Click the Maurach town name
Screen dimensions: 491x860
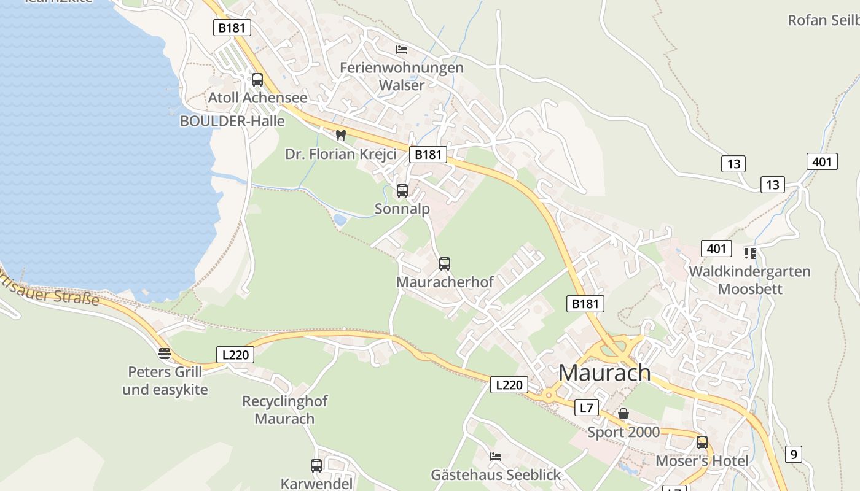point(604,373)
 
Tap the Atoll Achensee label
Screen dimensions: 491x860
point(257,98)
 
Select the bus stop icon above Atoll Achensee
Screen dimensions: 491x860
point(257,80)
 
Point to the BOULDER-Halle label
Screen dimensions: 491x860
point(232,121)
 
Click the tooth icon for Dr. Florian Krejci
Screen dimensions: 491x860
point(341,135)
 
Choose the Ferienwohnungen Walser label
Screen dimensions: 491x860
point(402,76)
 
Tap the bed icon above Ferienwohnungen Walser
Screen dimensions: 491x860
point(402,49)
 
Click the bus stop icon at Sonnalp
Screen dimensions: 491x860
point(402,191)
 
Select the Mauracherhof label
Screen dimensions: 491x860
point(445,282)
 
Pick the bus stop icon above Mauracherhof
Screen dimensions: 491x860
point(445,264)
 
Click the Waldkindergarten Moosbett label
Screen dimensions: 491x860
point(749,280)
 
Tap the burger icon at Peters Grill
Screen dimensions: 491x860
point(164,353)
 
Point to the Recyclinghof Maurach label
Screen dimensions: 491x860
point(285,410)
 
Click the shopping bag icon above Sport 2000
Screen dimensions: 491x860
point(623,414)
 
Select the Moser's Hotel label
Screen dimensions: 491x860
point(702,461)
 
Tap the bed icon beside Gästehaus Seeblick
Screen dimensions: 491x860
point(496,456)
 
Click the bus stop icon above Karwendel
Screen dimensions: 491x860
point(316,466)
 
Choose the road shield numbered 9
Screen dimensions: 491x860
point(794,454)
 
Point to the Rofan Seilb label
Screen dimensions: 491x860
point(823,20)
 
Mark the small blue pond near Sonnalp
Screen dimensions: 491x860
point(340,219)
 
